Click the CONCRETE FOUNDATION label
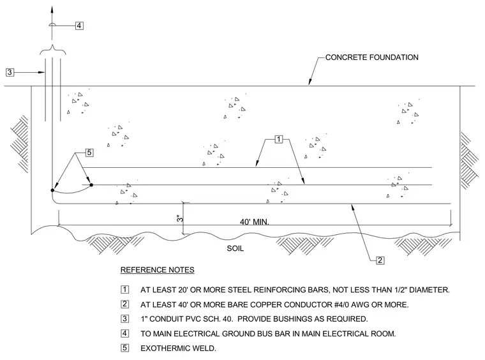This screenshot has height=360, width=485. point(372,57)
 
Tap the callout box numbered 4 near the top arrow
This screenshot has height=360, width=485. point(79,26)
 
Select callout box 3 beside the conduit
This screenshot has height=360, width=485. point(10,72)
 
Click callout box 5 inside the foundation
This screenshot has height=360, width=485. point(89,153)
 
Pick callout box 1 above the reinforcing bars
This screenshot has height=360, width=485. point(279,140)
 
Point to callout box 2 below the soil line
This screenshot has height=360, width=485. point(380,260)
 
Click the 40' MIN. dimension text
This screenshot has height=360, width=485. point(254,221)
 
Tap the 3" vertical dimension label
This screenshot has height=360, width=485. point(180,218)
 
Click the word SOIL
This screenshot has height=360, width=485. point(235,248)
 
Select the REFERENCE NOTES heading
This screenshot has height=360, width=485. point(158,270)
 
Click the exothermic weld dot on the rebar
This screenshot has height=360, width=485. point(91,185)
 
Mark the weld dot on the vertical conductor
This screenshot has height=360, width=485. point(52,190)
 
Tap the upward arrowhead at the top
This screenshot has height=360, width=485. point(52,9)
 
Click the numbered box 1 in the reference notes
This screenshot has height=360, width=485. point(124,290)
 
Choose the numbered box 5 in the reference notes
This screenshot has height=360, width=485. point(124,348)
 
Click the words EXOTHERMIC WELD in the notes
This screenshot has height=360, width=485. point(178,349)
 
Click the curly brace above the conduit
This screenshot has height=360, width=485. point(53,50)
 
